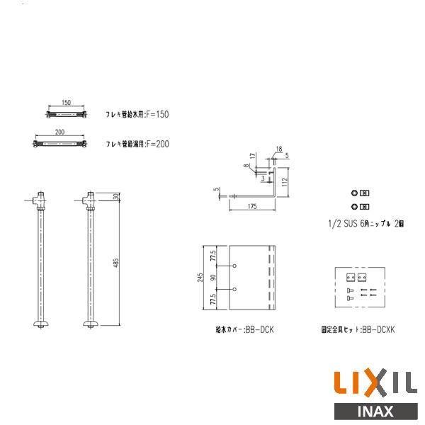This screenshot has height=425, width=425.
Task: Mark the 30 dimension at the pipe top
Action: [115, 196]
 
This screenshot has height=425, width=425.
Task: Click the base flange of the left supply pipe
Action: [40, 324]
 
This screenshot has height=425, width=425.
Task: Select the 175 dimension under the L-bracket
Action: [252, 206]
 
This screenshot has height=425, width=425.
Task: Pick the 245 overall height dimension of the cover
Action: [201, 278]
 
